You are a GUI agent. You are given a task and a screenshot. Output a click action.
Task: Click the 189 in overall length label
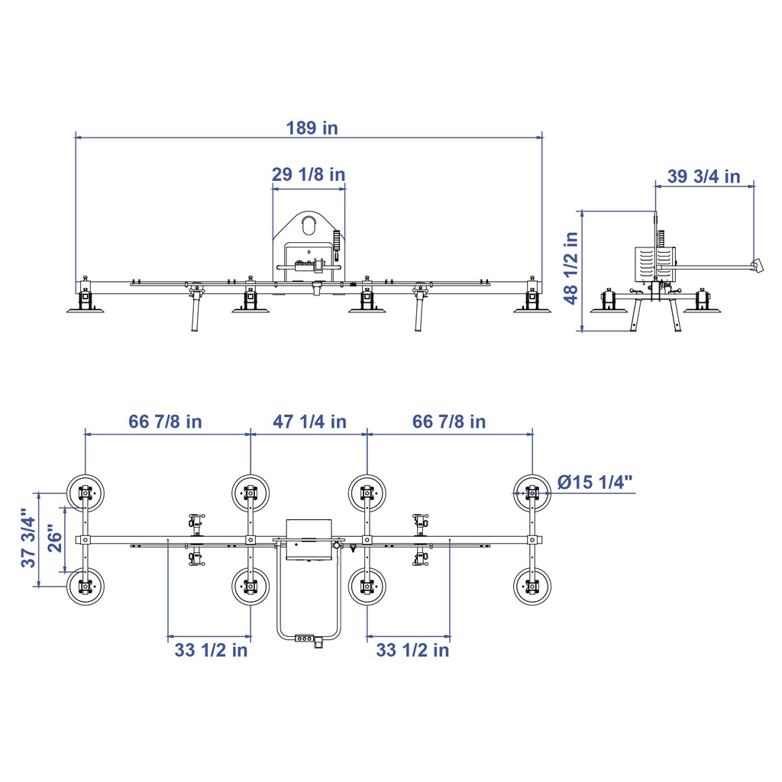312,128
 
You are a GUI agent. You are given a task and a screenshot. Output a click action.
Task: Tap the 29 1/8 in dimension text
309,175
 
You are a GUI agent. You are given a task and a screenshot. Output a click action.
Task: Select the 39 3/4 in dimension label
703,176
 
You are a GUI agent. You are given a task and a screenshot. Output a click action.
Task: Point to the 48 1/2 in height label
571,268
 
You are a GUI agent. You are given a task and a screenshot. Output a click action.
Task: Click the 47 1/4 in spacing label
309,422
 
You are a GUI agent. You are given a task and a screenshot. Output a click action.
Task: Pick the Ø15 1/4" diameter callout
595,483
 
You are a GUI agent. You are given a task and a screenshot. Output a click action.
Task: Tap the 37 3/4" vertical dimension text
28,538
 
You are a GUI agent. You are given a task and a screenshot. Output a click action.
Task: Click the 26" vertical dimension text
55,538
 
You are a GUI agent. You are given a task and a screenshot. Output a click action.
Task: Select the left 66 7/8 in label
165,422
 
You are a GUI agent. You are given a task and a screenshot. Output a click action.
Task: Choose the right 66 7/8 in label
449,422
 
